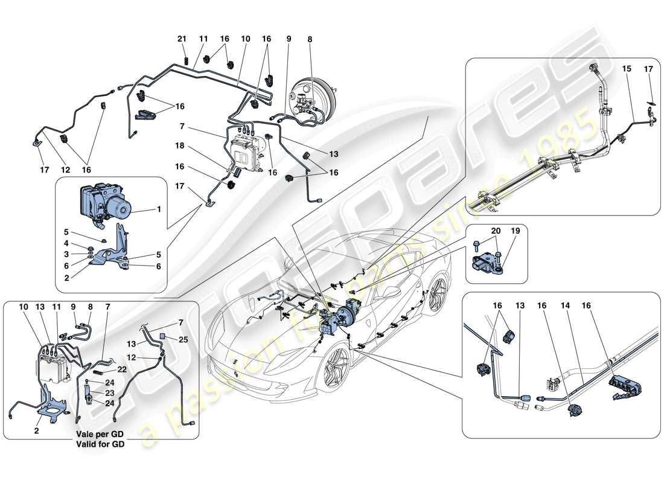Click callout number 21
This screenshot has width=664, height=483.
[x=182, y=39]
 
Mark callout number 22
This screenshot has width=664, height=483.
[x=121, y=369]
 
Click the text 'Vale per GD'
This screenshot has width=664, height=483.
[x=100, y=435]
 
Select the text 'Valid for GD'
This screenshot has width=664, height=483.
[x=100, y=444]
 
